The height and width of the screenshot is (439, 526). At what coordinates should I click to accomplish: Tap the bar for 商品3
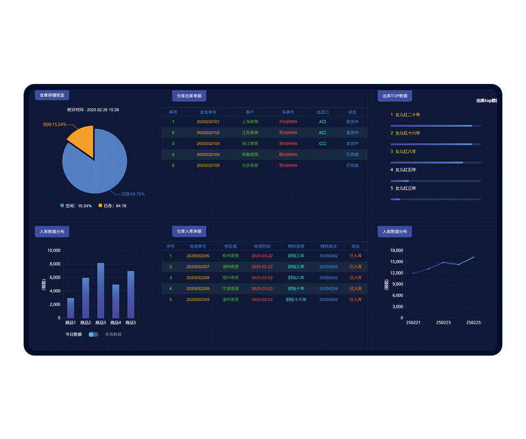[x=100, y=290]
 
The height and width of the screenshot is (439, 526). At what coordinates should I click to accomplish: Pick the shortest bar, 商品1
[x=70, y=308]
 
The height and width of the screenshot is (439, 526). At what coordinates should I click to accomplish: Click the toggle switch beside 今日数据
[x=93, y=334]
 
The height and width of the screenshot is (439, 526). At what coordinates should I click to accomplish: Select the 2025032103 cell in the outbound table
[x=208, y=144]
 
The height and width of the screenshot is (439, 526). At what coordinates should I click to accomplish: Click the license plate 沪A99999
[x=288, y=122]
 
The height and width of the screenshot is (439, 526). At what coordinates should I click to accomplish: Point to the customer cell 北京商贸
[x=250, y=166]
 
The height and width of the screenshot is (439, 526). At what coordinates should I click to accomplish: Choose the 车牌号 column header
[x=288, y=112]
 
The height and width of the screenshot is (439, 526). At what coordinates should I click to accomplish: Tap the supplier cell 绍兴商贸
[x=231, y=278]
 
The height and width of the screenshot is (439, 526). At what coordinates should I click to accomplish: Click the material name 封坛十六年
[x=296, y=300]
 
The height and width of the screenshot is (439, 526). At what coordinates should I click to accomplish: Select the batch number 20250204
[x=328, y=289]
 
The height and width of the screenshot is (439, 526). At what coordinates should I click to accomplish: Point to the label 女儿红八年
[x=405, y=151]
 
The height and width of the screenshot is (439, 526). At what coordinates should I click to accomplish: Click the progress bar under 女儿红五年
[x=435, y=181]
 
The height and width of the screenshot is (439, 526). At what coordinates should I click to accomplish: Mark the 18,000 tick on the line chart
[x=396, y=251]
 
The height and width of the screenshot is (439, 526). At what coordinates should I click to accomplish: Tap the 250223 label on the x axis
[x=443, y=323]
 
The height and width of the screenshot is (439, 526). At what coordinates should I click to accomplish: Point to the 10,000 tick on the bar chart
[x=53, y=251]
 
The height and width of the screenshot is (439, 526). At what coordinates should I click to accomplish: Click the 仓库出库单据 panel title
[x=189, y=95]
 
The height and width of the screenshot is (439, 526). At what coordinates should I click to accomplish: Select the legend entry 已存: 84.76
[x=113, y=206]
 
